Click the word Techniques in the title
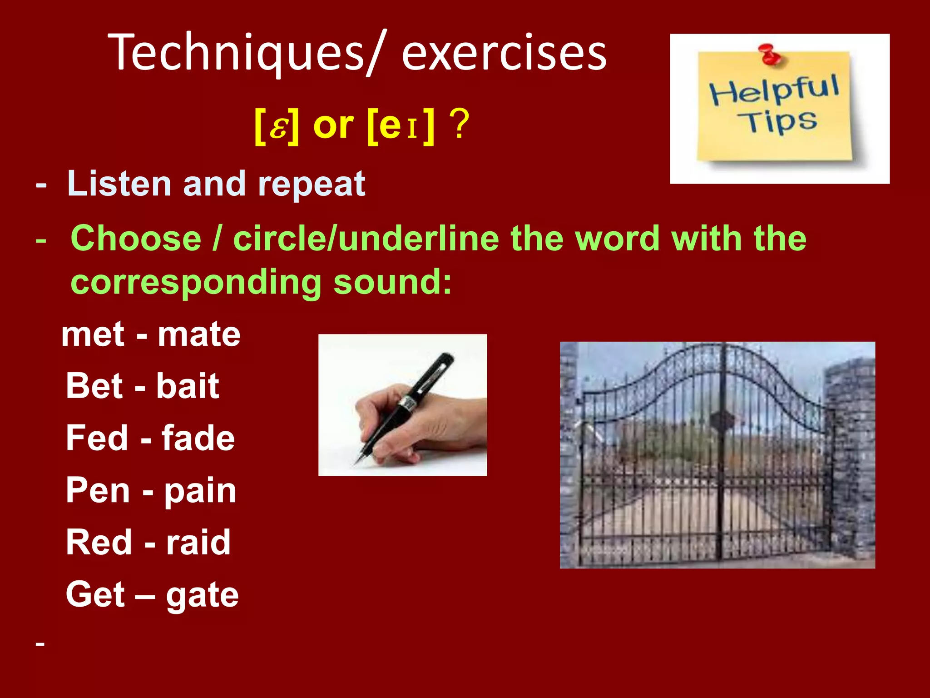(x=236, y=54)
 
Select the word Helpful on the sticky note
(x=774, y=90)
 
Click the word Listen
(x=119, y=184)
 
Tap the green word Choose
(x=136, y=239)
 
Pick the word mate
(x=199, y=335)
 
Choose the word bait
(x=188, y=386)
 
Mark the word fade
(x=198, y=438)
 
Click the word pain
(x=200, y=491)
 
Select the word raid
(x=198, y=543)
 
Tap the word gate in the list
(x=202, y=595)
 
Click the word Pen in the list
(x=98, y=491)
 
